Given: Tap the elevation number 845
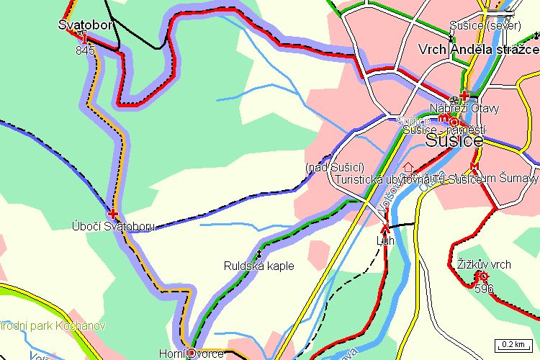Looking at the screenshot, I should pyautogui.click(x=85, y=50).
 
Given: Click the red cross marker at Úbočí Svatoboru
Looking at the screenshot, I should pyautogui.click(x=112, y=214).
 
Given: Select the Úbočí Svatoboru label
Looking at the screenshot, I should pyautogui.click(x=113, y=226).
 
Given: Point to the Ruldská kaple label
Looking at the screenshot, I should pyautogui.click(x=258, y=266).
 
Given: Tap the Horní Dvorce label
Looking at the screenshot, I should pyautogui.click(x=191, y=354).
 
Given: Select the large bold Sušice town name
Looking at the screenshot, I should pyautogui.click(x=454, y=141).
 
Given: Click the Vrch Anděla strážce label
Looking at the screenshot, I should pyautogui.click(x=479, y=49).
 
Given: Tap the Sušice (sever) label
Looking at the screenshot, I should pyautogui.click(x=479, y=26).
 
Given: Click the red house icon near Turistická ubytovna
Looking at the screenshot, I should pyautogui.click(x=409, y=168).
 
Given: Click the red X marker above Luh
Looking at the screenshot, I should pyautogui.click(x=385, y=229).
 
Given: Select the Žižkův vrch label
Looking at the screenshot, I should pyautogui.click(x=483, y=264).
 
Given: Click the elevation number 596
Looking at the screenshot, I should pyautogui.click(x=484, y=289).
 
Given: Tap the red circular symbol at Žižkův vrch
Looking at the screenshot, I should pyautogui.click(x=482, y=276).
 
